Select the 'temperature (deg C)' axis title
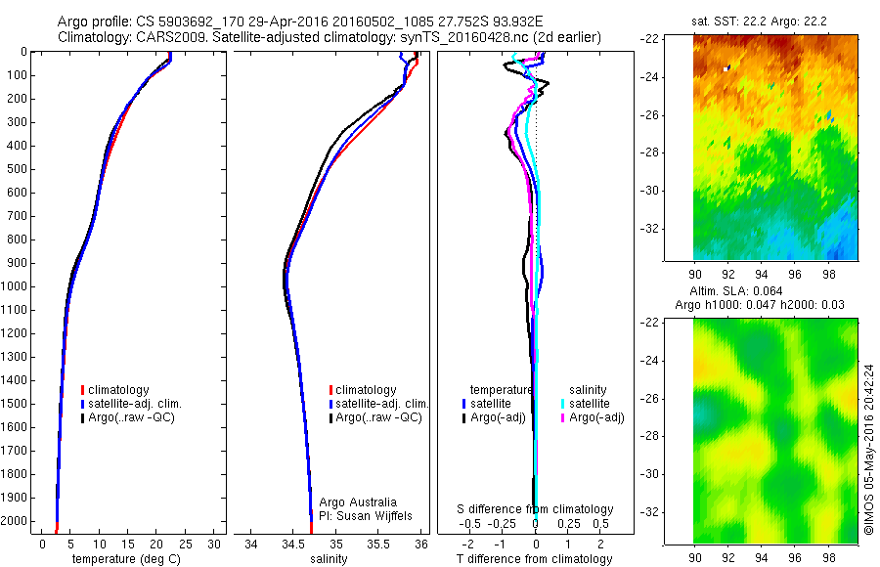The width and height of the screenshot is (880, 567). point(129,559)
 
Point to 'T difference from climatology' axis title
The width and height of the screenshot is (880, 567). point(535,559)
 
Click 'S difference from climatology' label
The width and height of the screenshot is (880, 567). point(536,509)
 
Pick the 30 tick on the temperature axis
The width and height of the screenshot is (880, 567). point(215,544)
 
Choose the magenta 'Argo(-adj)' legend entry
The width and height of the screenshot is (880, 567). point(594,417)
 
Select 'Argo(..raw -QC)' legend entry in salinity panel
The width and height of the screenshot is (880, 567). point(377,417)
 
